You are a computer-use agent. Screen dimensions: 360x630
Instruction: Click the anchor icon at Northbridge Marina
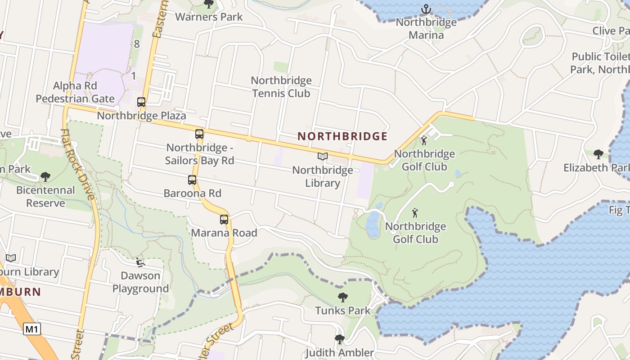(426, 9)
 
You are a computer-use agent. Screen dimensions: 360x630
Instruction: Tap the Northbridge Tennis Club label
(281, 87)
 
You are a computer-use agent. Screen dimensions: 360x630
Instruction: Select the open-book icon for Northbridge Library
(323, 157)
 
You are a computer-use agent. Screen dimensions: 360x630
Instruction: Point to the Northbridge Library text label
(323, 177)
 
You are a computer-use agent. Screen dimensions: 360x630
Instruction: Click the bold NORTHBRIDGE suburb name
(342, 136)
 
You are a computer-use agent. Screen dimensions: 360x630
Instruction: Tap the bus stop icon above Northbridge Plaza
(141, 102)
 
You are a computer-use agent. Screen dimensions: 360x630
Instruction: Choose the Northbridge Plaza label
(141, 116)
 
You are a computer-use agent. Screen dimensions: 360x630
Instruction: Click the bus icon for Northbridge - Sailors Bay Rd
(199, 134)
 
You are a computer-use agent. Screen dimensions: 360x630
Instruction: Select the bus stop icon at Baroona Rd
(192, 180)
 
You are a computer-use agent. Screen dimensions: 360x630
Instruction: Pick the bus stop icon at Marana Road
(224, 220)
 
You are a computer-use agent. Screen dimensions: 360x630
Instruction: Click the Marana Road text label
(224, 233)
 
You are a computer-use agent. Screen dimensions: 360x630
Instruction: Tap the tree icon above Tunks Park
(343, 297)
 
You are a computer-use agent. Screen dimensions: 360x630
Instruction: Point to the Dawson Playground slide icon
(140, 262)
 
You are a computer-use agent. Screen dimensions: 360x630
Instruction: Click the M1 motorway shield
(32, 329)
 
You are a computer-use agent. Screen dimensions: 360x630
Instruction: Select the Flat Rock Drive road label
(79, 165)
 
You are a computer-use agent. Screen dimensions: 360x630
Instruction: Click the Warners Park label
(209, 17)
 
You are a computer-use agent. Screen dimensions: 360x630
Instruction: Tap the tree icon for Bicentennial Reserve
(45, 177)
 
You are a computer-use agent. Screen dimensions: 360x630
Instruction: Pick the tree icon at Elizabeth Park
(598, 154)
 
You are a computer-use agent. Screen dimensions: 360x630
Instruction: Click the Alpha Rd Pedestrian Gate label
(75, 92)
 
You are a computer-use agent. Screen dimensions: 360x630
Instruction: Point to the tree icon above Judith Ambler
(340, 339)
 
